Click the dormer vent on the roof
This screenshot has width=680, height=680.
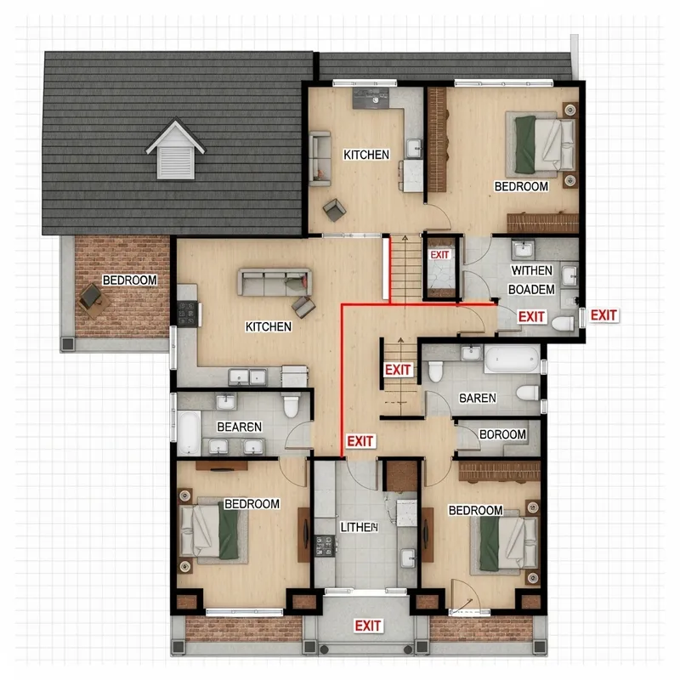(x=176, y=150)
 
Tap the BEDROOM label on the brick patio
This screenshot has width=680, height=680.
(x=129, y=280)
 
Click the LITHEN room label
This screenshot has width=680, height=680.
(x=358, y=527)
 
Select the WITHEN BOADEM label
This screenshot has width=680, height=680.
(x=531, y=280)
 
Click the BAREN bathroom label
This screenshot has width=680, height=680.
(x=477, y=397)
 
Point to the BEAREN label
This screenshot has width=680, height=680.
(x=239, y=427)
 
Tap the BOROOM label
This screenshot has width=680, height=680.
(x=502, y=434)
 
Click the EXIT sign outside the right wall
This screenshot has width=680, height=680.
(x=603, y=315)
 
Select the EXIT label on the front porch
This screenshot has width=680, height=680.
(x=367, y=626)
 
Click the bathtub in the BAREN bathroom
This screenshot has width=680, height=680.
(x=511, y=359)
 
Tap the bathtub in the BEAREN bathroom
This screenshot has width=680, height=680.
(x=189, y=433)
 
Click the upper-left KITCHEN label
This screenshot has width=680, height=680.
(x=366, y=155)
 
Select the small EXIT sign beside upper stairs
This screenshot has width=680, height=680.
(x=439, y=255)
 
